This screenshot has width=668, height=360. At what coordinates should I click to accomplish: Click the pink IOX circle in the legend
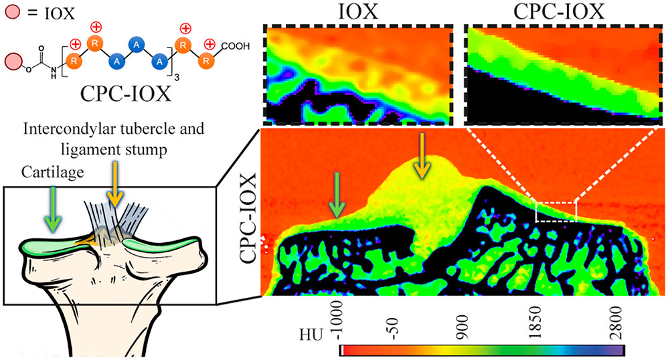pos(10,11)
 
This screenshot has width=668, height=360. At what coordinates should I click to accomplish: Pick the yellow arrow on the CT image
pos(422,157)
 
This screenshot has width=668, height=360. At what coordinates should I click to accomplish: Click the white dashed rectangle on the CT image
pos(556,211)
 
